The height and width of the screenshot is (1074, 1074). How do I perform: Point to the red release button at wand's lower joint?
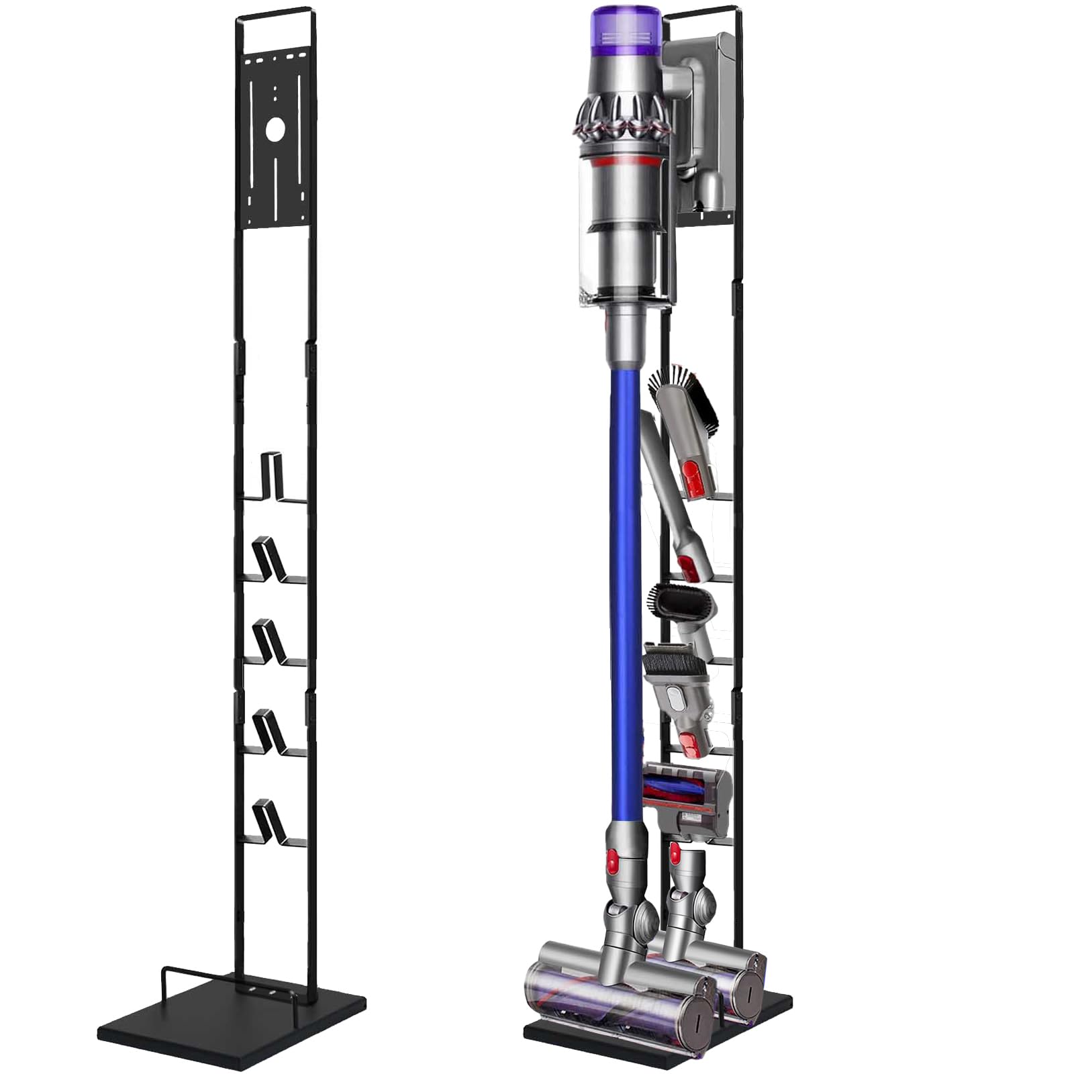pos(612,859)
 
